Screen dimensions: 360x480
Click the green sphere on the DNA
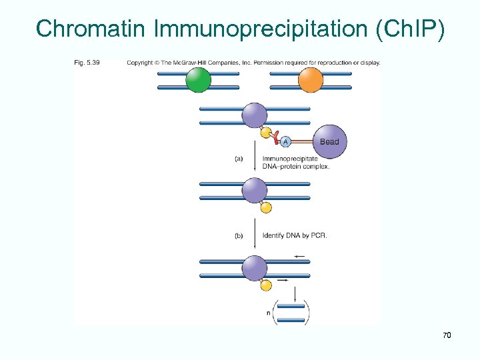point(198,80)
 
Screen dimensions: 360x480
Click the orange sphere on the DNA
point(310,80)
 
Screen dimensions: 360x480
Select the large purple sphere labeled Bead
point(329,141)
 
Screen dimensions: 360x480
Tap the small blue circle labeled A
point(285,141)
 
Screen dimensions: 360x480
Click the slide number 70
point(447,335)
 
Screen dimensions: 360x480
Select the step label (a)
point(239,159)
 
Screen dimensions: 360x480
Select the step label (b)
point(239,235)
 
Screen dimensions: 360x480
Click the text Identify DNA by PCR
point(295,235)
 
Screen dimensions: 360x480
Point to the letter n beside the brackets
point(268,313)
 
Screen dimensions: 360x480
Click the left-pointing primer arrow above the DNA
point(299,256)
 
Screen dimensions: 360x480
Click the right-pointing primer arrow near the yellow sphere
point(281,281)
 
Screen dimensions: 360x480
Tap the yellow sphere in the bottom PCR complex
point(266,285)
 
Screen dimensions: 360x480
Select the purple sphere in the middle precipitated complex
point(254,191)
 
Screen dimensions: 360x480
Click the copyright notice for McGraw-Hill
point(253,63)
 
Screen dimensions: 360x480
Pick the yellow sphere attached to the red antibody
point(266,133)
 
